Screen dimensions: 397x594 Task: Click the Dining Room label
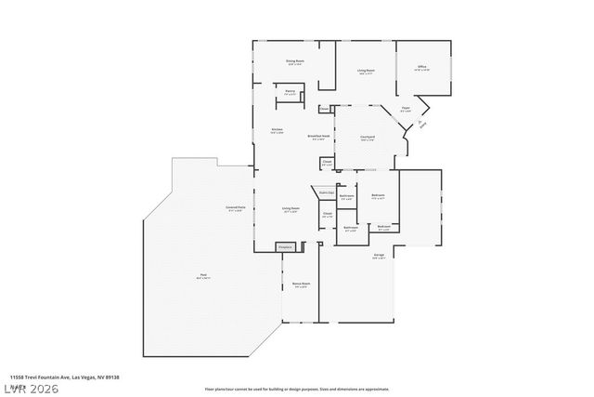click(x=294, y=62)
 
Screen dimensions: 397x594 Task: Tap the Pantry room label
click(x=291, y=92)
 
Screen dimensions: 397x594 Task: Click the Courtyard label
click(x=368, y=138)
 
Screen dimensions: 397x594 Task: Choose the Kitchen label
click(x=277, y=130)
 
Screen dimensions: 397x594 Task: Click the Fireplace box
click(x=286, y=246)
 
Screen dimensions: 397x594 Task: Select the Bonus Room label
click(x=301, y=285)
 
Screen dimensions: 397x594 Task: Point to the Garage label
click(x=379, y=258)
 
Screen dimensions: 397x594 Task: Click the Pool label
click(x=202, y=275)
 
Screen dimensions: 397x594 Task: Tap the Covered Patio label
click(x=235, y=208)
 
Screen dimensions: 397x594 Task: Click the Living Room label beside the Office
click(x=365, y=71)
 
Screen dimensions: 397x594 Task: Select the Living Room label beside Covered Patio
click(x=291, y=210)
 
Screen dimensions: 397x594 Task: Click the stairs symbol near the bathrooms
click(x=325, y=193)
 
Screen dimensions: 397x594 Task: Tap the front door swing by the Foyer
click(x=422, y=125)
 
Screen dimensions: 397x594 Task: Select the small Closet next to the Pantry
click(x=324, y=109)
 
